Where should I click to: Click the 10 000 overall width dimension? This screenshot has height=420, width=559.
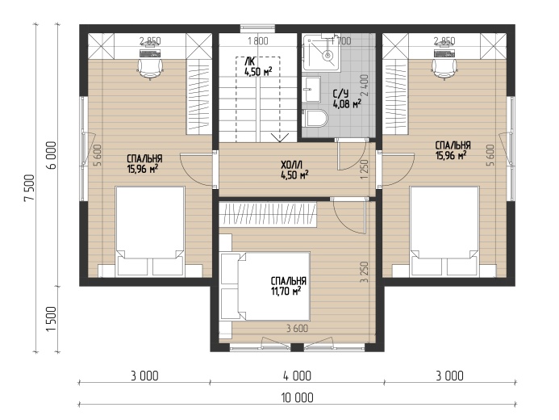pyautogui.click(x=298, y=397)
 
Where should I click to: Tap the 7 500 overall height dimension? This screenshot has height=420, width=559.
pyautogui.click(x=29, y=187)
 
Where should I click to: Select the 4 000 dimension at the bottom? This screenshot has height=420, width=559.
pyautogui.click(x=297, y=376)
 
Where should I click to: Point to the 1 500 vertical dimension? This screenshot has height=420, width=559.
pyautogui.click(x=52, y=319)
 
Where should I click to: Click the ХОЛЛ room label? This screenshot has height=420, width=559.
pyautogui.click(x=292, y=165)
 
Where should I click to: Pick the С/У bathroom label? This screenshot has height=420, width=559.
pyautogui.click(x=340, y=94)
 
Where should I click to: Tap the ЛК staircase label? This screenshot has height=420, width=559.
pyautogui.click(x=251, y=59)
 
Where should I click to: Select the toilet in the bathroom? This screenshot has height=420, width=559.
pyautogui.click(x=316, y=118)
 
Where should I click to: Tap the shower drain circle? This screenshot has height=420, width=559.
pyautogui.click(x=327, y=55)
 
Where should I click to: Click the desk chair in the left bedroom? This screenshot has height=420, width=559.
pyautogui.click(x=150, y=69)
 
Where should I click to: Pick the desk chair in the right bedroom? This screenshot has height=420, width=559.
pyautogui.click(x=444, y=69)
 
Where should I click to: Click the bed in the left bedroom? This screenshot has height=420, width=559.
pyautogui.click(x=150, y=231)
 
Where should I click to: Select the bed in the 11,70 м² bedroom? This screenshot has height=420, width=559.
pyautogui.click(x=265, y=287)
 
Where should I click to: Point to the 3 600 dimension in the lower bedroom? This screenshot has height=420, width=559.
pyautogui.click(x=298, y=329)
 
